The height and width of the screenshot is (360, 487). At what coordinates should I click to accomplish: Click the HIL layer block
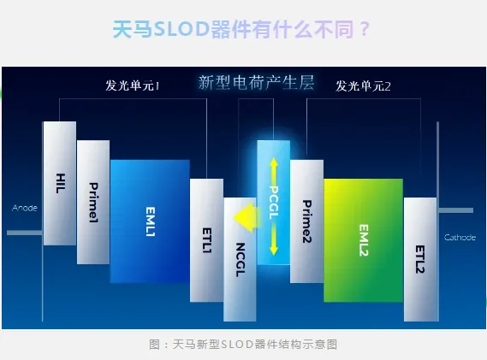60,183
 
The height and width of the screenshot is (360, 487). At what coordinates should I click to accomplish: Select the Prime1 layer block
93,202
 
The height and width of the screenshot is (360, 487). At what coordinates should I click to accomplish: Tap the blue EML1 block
150,221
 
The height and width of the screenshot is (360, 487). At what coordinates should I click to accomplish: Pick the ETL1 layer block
206,240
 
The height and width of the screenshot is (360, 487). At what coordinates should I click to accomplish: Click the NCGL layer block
240,259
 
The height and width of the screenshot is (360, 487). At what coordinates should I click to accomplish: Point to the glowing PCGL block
274,203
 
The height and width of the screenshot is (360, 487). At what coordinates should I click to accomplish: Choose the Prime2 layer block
306,221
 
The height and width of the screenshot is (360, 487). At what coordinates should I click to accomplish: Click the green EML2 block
364,240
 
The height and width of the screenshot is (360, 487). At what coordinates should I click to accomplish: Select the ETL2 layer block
420,259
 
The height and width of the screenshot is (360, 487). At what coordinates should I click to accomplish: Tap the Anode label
25,208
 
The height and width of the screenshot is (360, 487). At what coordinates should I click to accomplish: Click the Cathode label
460,238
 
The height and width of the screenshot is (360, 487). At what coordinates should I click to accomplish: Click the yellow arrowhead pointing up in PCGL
274,162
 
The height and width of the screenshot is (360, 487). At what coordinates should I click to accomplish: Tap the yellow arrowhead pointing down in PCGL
274,251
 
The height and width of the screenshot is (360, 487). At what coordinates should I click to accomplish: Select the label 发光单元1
133,86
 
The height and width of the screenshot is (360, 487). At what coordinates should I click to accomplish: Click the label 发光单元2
363,86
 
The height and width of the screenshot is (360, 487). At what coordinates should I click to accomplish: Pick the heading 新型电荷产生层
256,83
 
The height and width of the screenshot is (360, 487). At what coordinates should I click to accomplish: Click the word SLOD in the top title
181,29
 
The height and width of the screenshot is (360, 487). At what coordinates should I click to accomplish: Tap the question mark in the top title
365,29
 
